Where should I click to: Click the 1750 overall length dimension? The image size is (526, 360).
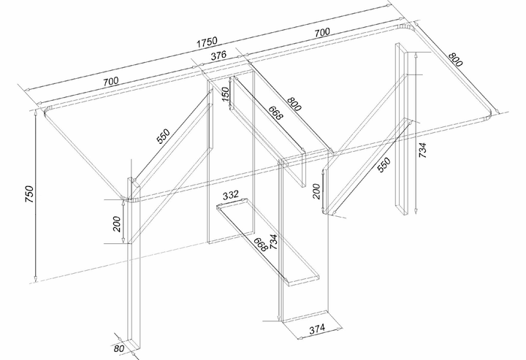point(207,42)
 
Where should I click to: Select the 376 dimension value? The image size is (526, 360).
point(218,55)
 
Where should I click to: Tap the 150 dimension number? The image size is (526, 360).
point(226,94)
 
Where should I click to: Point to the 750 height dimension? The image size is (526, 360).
point(29,194)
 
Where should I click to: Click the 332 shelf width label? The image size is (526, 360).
point(230,195)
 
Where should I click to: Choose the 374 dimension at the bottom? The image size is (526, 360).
point(317,329)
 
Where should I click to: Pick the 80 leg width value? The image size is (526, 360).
point(119,348)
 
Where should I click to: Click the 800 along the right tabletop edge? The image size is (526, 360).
point(455,59)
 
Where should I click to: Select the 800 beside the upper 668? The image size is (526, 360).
point(294,104)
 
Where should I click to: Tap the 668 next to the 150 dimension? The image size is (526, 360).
point(276,112)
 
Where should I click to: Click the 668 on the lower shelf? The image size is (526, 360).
point(260,245)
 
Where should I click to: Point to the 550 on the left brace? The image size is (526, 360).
point(164,136)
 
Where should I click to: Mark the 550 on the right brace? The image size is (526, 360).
point(384,164)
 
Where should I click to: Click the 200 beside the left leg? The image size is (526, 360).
point(117,224)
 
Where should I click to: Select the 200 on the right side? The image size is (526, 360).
point(316,191)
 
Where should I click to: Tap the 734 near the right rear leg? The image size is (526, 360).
point(422,150)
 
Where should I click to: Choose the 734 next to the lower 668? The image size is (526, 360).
point(273,242)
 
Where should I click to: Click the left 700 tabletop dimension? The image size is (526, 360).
point(111,82)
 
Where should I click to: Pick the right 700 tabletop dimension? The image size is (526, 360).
point(322,33)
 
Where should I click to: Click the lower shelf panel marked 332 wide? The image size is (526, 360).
point(268,242)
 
